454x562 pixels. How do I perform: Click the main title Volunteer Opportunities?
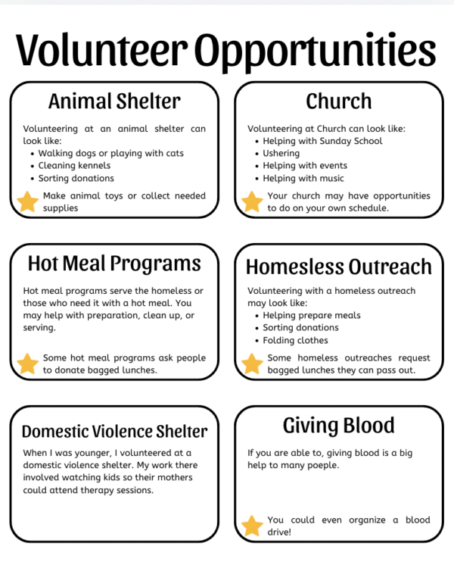coord(226,50)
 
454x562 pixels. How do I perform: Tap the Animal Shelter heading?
coord(114,101)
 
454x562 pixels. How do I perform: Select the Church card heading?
coord(338,101)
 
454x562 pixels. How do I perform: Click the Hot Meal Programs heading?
coord(114,263)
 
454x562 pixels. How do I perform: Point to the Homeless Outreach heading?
coord(338,267)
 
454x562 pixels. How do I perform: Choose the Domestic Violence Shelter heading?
coord(114,431)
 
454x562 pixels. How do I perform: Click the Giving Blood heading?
coord(338,425)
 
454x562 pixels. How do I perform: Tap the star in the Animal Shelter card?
coord(28,201)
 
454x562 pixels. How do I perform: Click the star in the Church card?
coord(252,201)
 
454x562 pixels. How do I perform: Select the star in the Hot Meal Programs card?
coord(28,364)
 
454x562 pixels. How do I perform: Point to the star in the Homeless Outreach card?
coord(252,364)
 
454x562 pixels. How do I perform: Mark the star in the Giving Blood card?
coord(252,526)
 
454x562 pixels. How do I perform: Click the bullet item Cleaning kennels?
coord(74,166)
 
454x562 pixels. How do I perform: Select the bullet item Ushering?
coord(281,153)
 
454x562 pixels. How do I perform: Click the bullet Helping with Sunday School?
coord(322,141)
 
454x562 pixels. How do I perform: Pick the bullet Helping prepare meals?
coord(312,315)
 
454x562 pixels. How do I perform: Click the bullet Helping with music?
coord(303,178)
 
